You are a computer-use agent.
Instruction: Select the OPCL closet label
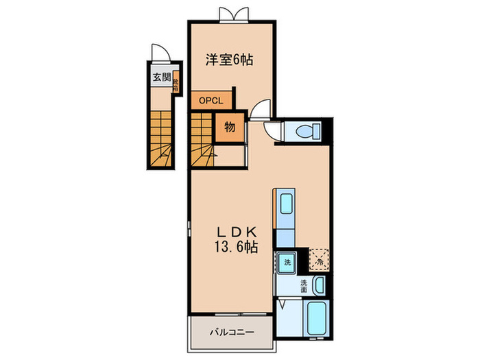point(211,101)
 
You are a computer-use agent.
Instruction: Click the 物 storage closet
point(230,128)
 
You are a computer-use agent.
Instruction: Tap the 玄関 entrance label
point(161,77)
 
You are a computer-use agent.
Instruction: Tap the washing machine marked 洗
point(286,261)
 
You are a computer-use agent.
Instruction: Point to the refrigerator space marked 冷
point(319,260)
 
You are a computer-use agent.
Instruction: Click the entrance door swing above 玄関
point(158,55)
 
